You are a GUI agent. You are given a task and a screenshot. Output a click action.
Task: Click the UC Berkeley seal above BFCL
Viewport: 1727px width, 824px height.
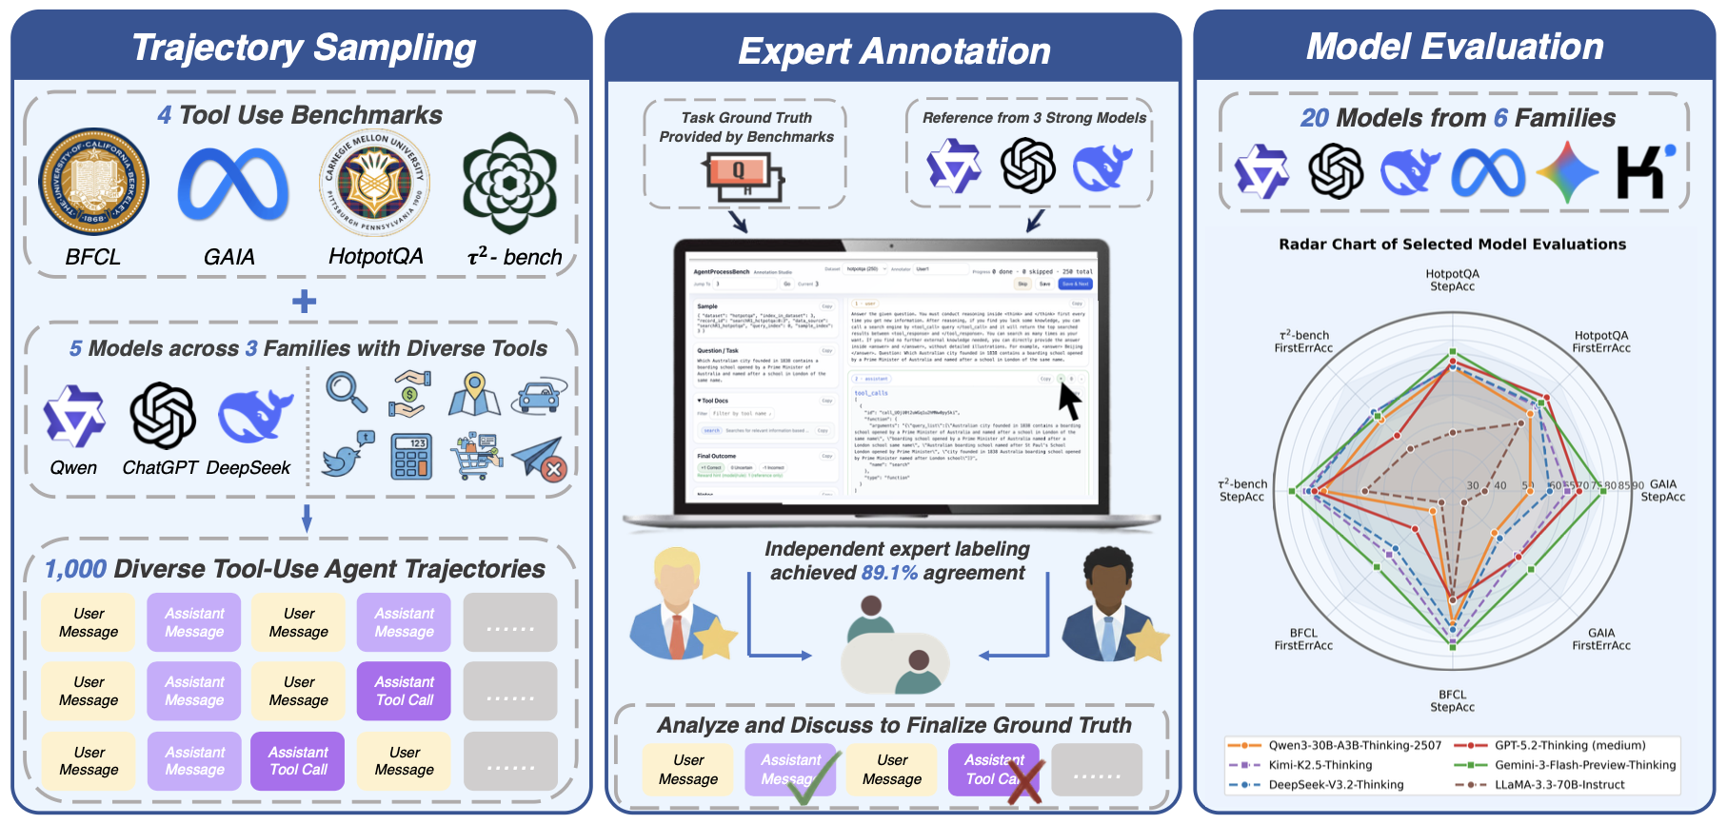click(x=93, y=183)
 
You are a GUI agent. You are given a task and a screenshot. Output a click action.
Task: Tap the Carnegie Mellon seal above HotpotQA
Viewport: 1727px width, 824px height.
click(x=374, y=183)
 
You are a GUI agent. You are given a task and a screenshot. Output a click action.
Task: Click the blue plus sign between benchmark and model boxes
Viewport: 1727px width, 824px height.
click(x=304, y=302)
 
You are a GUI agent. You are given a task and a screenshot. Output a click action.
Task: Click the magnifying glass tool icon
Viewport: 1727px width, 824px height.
click(x=346, y=391)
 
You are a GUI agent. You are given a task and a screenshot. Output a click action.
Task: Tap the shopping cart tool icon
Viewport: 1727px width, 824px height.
click(x=475, y=457)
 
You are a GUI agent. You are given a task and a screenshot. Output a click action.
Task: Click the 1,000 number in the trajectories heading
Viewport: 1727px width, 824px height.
click(x=75, y=569)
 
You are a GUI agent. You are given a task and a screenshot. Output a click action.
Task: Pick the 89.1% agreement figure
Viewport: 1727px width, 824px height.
click(x=889, y=573)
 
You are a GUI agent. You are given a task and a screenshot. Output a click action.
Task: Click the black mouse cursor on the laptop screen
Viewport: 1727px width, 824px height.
click(x=1070, y=401)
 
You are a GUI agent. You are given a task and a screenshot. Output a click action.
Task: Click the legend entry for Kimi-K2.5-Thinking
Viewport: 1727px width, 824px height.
click(x=1320, y=765)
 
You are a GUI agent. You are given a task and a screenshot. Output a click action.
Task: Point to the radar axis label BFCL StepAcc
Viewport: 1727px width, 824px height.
click(x=1452, y=701)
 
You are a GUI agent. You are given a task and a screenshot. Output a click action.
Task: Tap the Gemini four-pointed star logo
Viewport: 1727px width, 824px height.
click(x=1566, y=172)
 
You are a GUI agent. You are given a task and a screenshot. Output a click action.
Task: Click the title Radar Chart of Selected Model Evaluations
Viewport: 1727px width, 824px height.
click(x=1452, y=245)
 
